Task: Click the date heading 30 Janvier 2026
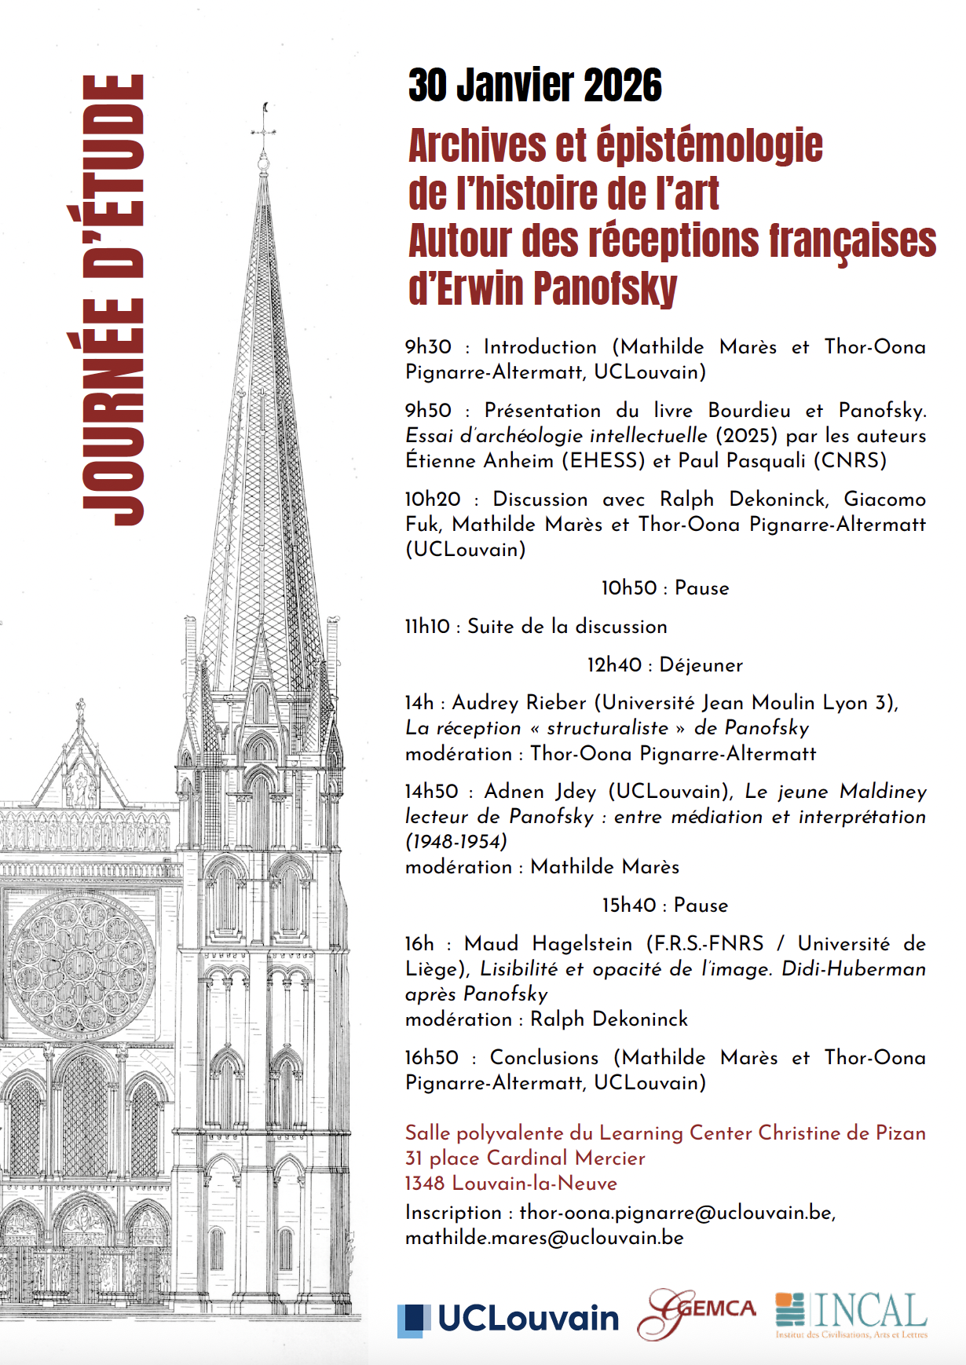click(535, 86)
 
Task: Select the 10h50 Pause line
click(664, 588)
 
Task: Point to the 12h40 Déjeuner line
click(664, 665)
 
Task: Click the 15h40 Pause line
click(664, 906)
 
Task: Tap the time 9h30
click(428, 347)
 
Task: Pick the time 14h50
click(431, 792)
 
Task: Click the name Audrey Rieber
click(519, 703)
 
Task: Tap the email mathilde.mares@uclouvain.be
click(544, 1238)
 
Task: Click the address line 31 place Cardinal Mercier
click(525, 1158)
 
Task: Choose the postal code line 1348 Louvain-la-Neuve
click(510, 1184)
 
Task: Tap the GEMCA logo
click(696, 1313)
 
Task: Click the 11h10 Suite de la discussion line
click(536, 627)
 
